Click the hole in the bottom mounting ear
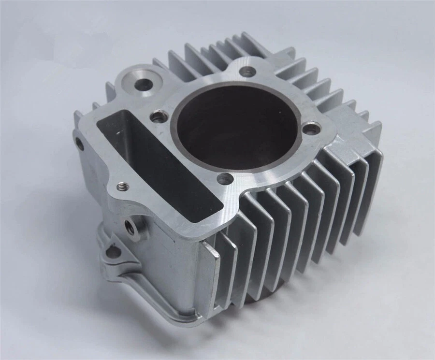113,252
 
